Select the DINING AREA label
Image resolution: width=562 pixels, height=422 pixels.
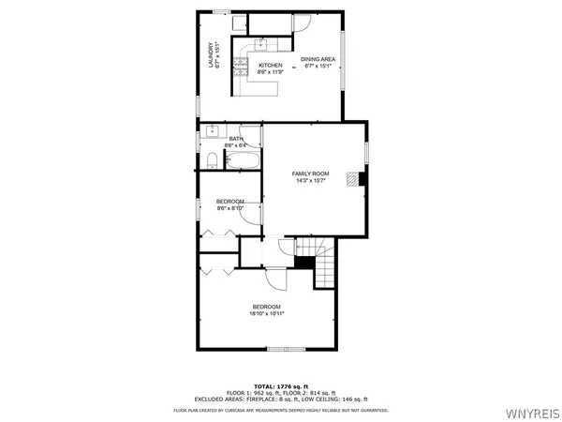point(318,62)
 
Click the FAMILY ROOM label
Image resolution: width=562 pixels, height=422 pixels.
point(310,176)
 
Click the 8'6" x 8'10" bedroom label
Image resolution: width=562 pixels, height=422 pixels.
point(230,204)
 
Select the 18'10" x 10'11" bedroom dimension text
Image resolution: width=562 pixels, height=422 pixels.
point(266,314)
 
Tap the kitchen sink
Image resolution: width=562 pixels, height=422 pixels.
point(261,44)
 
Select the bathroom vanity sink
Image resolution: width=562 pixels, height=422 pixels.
point(211,130)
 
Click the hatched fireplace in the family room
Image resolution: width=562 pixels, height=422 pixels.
point(350,179)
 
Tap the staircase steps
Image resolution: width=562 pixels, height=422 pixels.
point(323,271)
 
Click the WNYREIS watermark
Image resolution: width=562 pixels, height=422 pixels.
point(535,412)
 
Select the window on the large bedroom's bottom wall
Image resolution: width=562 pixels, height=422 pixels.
point(287,349)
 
